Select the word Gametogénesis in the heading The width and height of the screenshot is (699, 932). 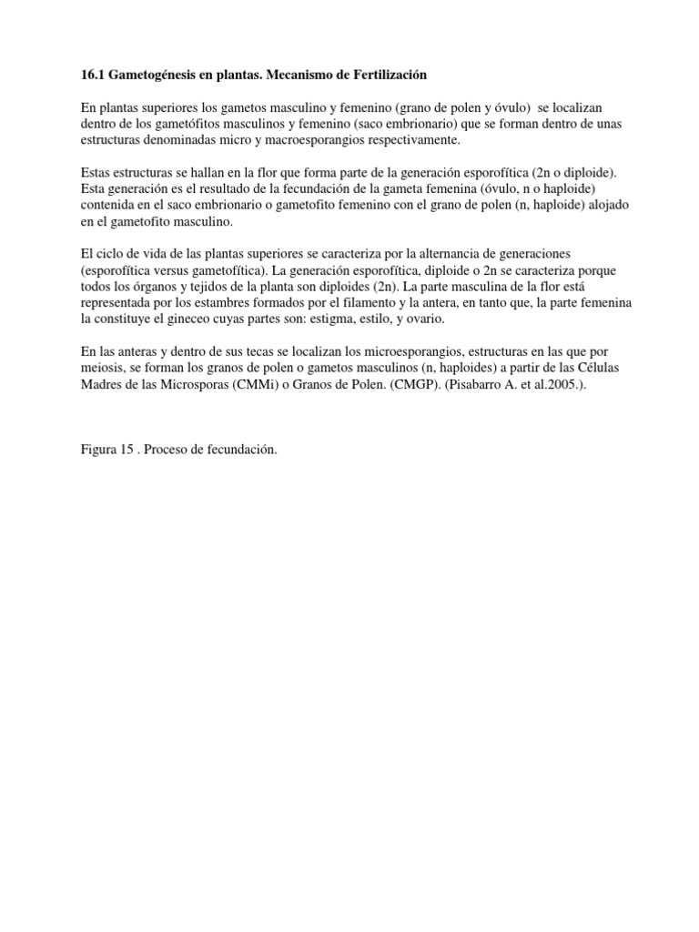point(156,71)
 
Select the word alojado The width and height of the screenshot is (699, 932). point(596,205)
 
